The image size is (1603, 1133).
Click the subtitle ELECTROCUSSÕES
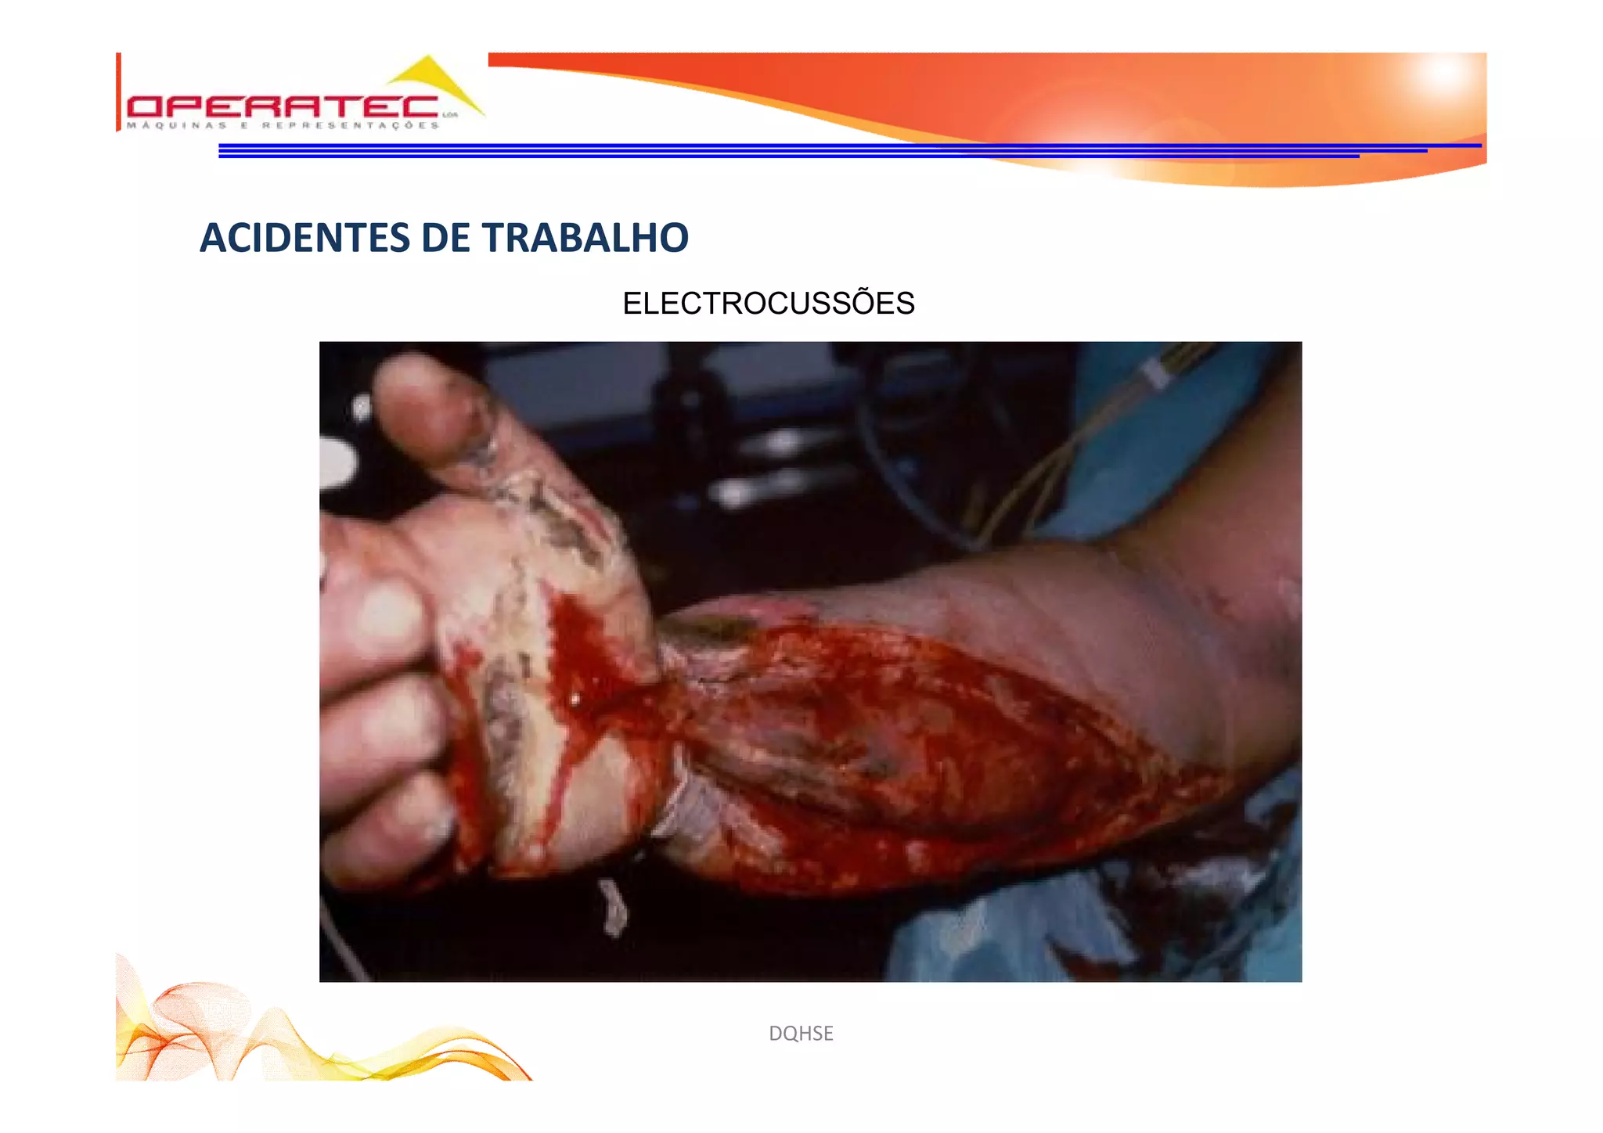(x=768, y=303)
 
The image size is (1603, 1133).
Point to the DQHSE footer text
(x=801, y=1033)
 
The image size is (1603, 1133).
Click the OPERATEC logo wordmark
(x=282, y=107)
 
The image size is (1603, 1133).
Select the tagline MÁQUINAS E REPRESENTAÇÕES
(x=283, y=125)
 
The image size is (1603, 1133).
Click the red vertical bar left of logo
(x=118, y=92)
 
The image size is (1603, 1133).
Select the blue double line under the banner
(x=783, y=150)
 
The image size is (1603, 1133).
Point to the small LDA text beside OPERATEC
(x=449, y=115)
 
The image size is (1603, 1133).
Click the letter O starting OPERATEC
(x=145, y=107)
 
